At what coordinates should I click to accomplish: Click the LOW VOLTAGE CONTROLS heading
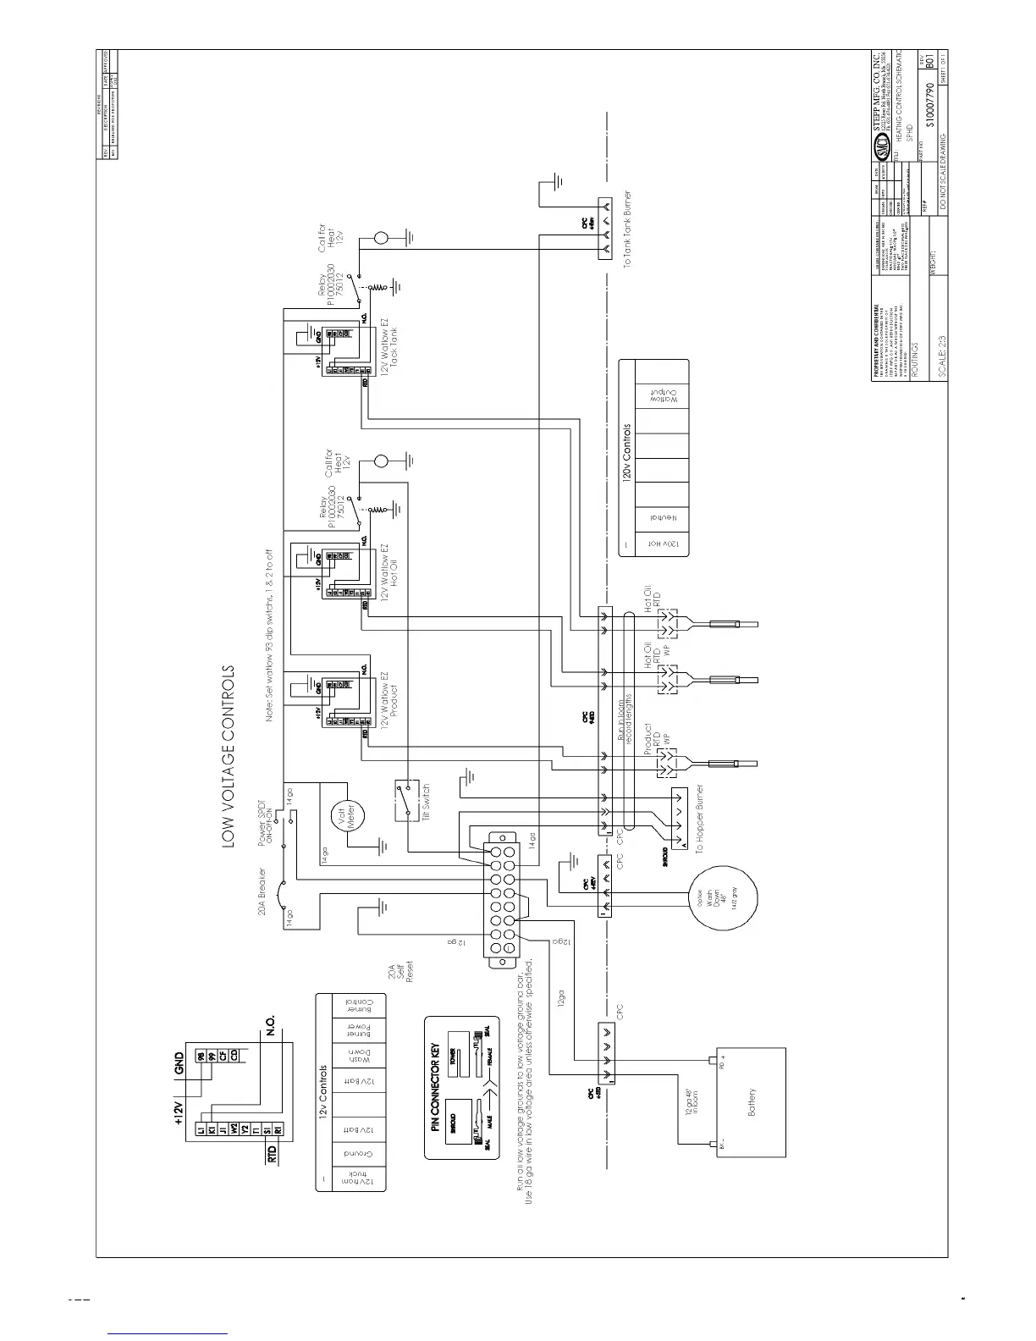(228, 755)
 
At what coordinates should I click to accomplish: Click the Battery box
(752, 1104)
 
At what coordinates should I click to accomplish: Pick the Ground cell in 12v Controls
(351, 1153)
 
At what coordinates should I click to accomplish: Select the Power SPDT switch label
(263, 821)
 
